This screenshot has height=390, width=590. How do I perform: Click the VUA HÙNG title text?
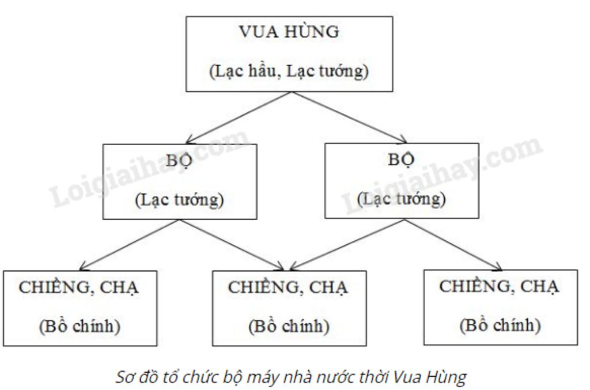(x=289, y=32)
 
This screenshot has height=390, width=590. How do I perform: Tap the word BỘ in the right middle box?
(x=402, y=160)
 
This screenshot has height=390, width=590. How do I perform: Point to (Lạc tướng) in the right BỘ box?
(x=402, y=199)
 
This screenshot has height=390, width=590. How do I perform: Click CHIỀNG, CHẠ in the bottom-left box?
(x=80, y=287)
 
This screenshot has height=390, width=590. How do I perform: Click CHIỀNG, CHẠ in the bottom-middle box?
(x=289, y=287)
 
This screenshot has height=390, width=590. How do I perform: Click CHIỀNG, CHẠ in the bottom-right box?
(x=500, y=286)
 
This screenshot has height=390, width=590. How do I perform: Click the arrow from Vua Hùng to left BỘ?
(x=236, y=118)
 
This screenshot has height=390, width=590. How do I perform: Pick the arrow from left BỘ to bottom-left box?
(x=127, y=244)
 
